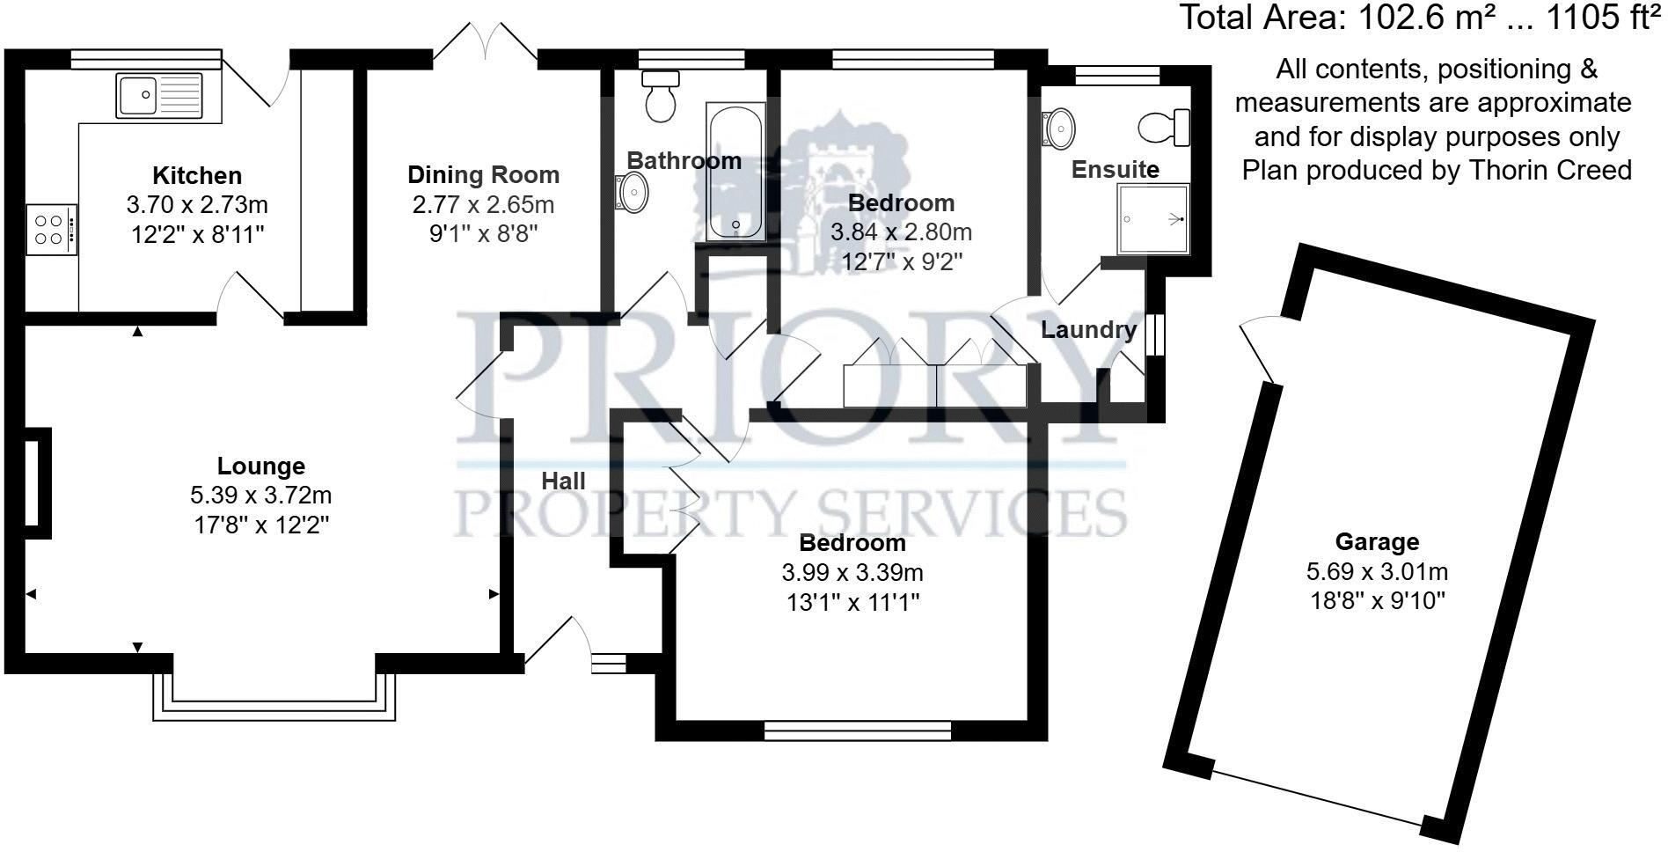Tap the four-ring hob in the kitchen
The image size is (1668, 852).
point(50,230)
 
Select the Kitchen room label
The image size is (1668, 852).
point(197,175)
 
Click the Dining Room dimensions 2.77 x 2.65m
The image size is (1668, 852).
point(483,205)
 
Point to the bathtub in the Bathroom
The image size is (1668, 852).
point(735,173)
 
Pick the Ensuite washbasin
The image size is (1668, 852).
point(1058,128)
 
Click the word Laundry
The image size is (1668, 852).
point(1088,330)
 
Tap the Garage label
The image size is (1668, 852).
point(1377,541)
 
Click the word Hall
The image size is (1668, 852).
point(563,481)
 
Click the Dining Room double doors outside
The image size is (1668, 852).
point(485,42)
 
